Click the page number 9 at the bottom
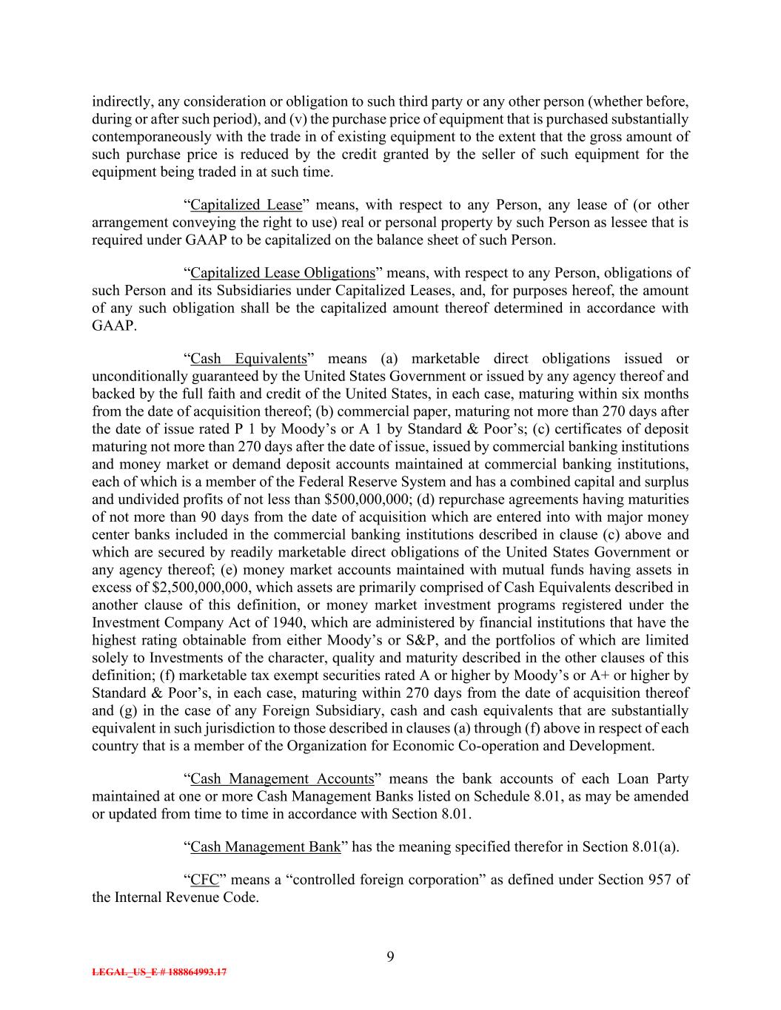390,957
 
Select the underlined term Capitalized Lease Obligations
283,273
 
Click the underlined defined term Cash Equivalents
248,359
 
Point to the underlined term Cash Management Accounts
282,778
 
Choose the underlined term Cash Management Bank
266,846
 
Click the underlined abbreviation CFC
202,880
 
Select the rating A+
615,676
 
